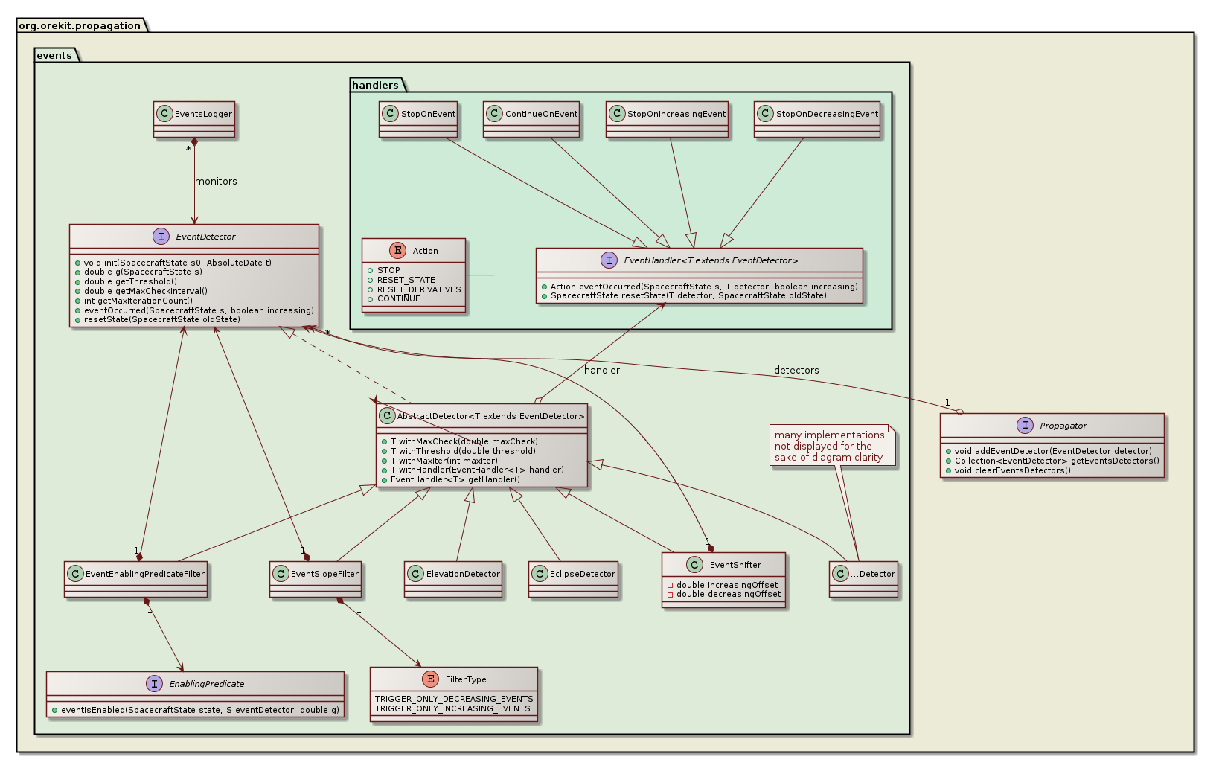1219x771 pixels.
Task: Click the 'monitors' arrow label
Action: [x=216, y=182]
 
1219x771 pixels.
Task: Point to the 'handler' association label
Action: [x=602, y=370]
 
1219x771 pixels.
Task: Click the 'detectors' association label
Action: [x=796, y=370]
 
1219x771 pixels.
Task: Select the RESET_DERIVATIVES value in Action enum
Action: [x=419, y=289]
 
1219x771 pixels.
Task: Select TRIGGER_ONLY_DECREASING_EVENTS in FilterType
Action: [x=454, y=699]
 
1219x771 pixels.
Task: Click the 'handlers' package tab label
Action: [x=375, y=85]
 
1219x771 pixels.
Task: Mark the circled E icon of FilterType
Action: [x=430, y=679]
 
